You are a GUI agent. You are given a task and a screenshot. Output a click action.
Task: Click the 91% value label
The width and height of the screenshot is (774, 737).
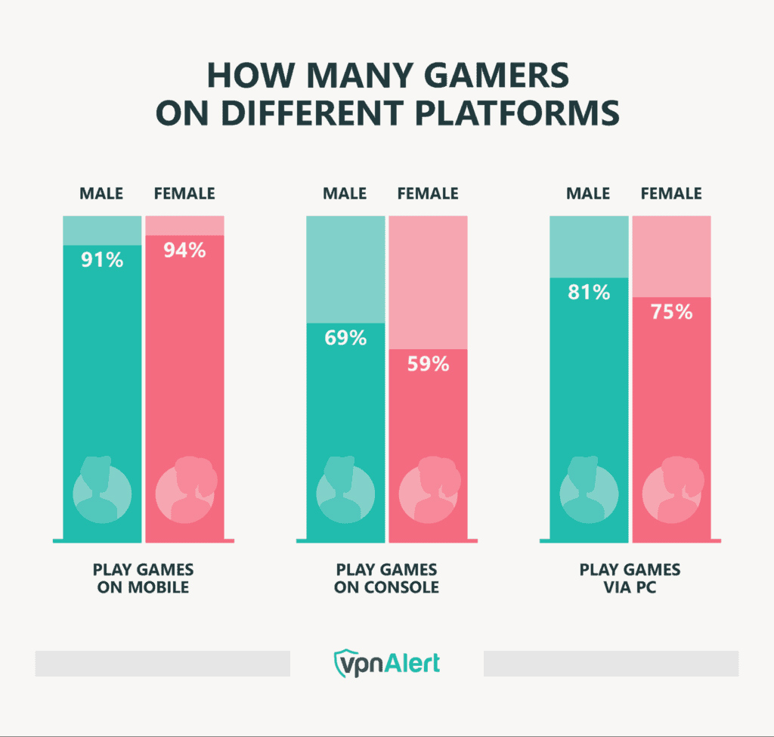pyautogui.click(x=102, y=261)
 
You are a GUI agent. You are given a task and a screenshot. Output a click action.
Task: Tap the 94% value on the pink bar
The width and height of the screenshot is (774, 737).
pyautogui.click(x=185, y=250)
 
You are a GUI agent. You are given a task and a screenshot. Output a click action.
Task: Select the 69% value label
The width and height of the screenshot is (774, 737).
pyautogui.click(x=346, y=338)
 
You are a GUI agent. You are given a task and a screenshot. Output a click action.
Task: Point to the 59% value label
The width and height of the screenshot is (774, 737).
pyautogui.click(x=429, y=364)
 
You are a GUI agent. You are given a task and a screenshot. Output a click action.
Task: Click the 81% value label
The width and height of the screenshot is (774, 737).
pyautogui.click(x=590, y=292)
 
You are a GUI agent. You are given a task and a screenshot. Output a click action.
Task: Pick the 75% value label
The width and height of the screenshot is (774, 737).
pyautogui.click(x=672, y=311)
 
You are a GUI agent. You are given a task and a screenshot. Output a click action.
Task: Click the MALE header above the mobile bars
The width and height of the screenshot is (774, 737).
pyautogui.click(x=102, y=194)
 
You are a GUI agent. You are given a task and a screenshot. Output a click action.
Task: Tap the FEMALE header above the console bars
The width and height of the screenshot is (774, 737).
pyautogui.click(x=429, y=194)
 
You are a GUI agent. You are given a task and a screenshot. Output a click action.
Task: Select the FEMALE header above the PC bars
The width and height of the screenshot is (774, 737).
pyautogui.click(x=672, y=194)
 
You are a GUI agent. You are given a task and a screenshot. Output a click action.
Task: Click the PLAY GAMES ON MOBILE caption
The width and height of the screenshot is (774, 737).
pyautogui.click(x=143, y=578)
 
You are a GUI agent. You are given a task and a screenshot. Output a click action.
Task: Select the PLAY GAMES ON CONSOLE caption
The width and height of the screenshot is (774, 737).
pyautogui.click(x=386, y=578)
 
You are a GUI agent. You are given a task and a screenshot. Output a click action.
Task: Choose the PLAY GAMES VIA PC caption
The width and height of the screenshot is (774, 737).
pyautogui.click(x=630, y=578)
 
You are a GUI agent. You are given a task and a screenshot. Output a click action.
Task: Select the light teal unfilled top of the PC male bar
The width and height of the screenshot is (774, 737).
pyautogui.click(x=590, y=246)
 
